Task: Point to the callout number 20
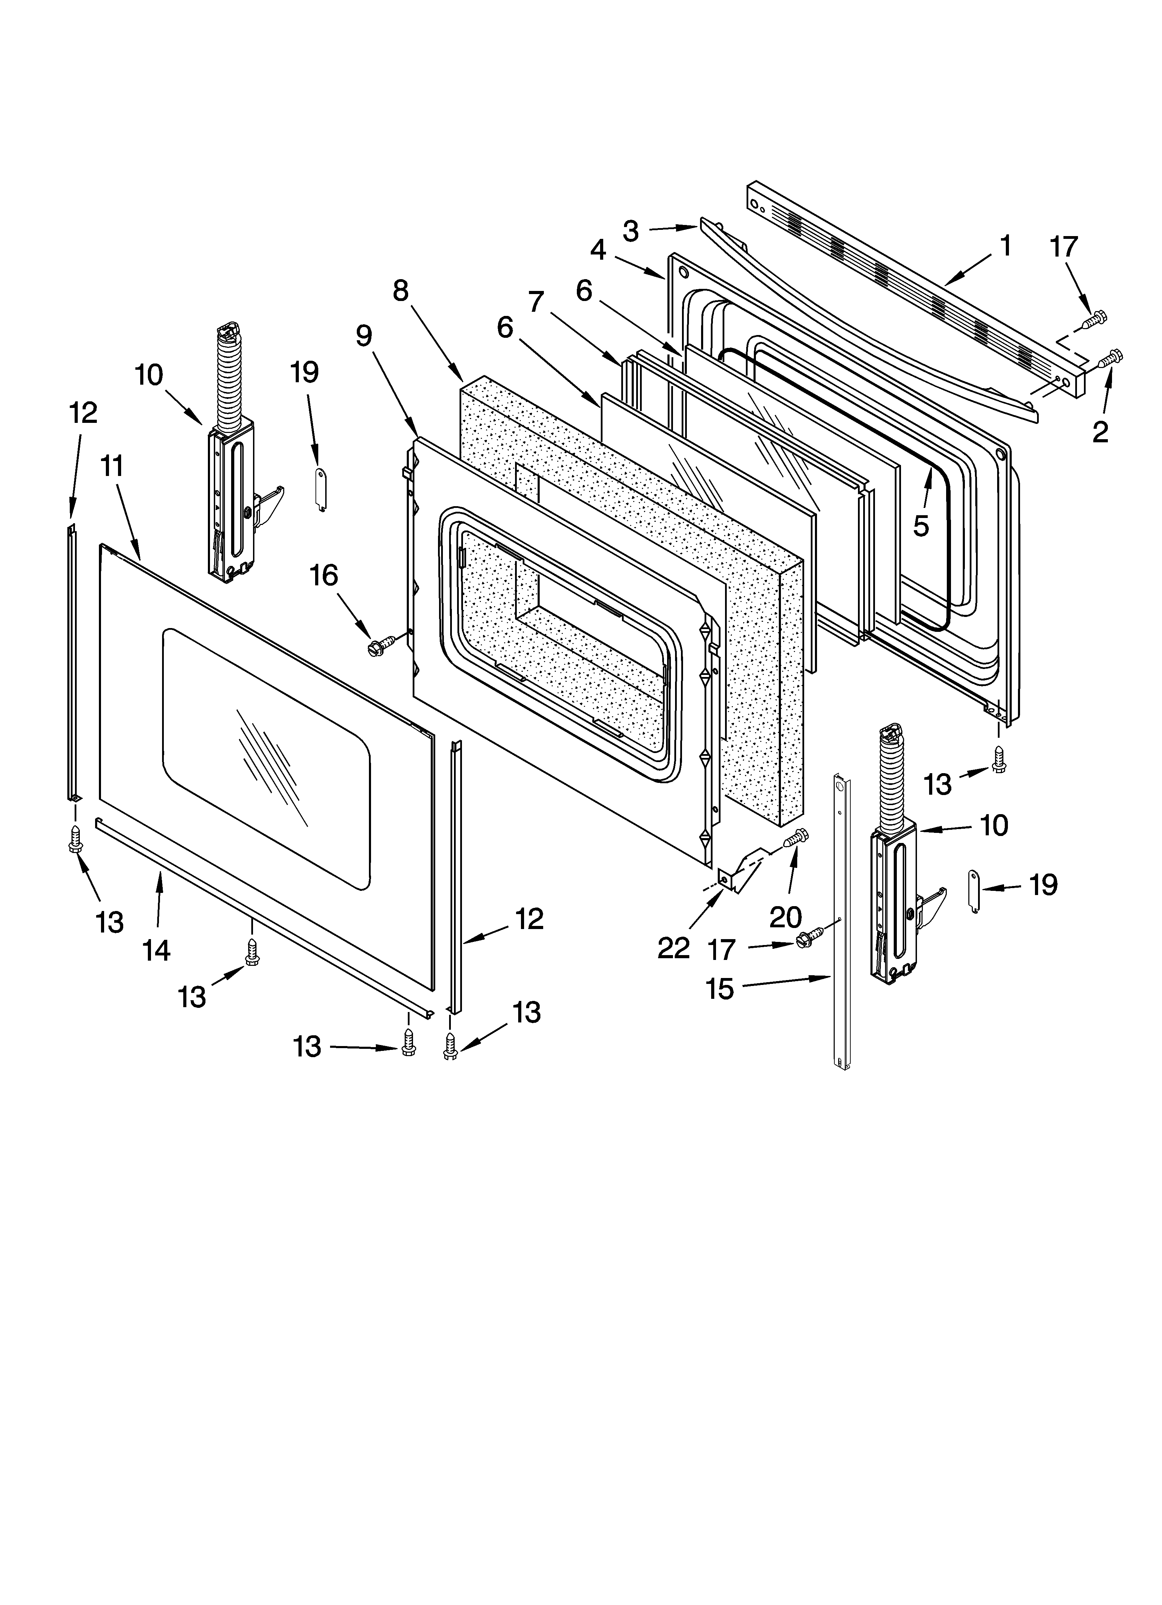(785, 918)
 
